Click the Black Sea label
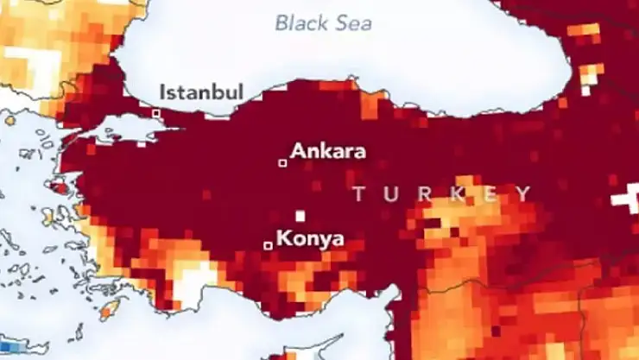[x=324, y=22]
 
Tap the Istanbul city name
[x=202, y=92]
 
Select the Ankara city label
[x=328, y=151]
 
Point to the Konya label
[x=309, y=238]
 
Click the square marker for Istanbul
[x=156, y=113]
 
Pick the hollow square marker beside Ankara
[x=282, y=162]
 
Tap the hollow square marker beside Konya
[x=268, y=246]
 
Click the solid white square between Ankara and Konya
[x=300, y=216]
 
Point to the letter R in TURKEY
[x=423, y=194]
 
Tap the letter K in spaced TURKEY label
[x=456, y=194]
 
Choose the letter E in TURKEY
[x=489, y=194]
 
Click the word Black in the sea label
[x=303, y=22]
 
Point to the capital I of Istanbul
[x=164, y=92]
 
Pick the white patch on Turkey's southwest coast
[x=194, y=285]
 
